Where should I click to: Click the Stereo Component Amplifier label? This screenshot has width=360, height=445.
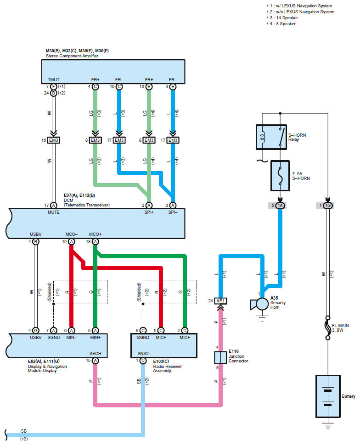(72, 56)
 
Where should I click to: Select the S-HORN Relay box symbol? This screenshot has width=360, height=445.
(271, 137)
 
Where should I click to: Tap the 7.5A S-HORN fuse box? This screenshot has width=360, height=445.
(280, 175)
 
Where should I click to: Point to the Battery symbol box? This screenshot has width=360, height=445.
(328, 396)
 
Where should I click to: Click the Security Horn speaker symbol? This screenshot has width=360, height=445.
(259, 304)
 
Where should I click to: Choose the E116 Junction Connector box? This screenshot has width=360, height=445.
(220, 357)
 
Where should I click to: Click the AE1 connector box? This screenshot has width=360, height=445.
(220, 301)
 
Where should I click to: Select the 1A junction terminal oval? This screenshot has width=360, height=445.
(280, 206)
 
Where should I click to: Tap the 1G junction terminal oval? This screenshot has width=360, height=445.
(328, 206)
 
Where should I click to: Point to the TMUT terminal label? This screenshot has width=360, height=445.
(53, 80)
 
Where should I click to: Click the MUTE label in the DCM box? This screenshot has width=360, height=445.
(53, 212)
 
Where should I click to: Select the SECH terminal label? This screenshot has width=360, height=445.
(95, 354)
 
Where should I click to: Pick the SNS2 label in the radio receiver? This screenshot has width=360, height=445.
(143, 354)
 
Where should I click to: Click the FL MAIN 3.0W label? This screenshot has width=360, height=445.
(340, 328)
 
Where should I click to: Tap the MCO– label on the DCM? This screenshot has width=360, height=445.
(71, 234)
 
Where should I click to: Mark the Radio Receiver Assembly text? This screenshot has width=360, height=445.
(167, 368)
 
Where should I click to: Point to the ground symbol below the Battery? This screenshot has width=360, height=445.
(328, 426)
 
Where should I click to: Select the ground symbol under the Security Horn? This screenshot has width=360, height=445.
(262, 319)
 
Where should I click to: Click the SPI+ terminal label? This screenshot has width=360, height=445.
(149, 212)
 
